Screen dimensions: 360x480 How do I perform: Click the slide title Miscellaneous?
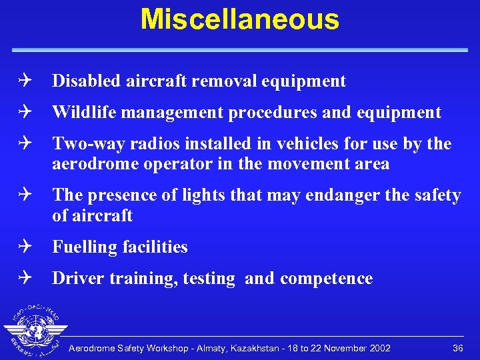tap(239, 19)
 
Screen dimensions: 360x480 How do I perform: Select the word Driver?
tap(75, 278)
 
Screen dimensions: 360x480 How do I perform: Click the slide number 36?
tap(457, 348)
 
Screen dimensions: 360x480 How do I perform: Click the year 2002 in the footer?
tap(379, 348)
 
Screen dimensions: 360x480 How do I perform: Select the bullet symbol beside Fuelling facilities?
tap(25, 247)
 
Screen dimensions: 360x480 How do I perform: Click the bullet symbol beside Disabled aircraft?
tap(25, 81)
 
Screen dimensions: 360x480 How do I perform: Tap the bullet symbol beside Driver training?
tap(25, 278)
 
